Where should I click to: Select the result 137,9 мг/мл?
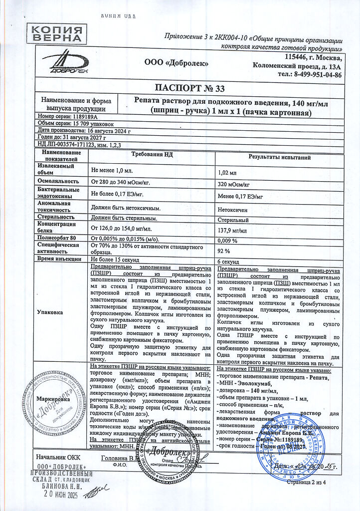point(233,231)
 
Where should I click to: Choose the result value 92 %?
point(224,251)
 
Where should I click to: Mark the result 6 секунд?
point(230,262)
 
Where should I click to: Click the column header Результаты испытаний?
point(280,157)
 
